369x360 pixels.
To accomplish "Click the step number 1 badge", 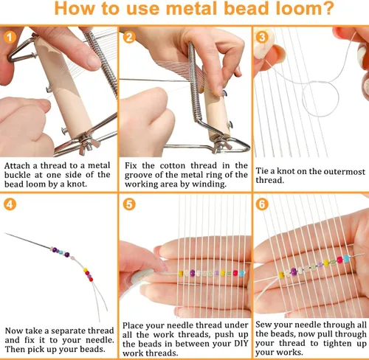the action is [10, 38].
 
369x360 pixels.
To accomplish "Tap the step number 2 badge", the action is [129, 38].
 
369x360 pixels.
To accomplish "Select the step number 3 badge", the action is [262, 38].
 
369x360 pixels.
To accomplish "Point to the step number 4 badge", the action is [10, 204].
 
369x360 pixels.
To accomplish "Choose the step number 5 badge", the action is [129, 204].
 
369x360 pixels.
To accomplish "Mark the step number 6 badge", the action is [262, 204].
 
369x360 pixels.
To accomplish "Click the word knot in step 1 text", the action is [76, 184].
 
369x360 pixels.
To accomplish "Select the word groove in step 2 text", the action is [137, 175].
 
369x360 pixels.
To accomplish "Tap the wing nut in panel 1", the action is [88, 144].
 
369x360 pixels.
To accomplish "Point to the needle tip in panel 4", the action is [5, 233].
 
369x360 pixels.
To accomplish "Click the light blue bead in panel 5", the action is [242, 273].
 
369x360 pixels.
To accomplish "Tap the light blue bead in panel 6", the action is [346, 258].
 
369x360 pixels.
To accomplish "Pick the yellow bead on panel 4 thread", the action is [86, 270].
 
